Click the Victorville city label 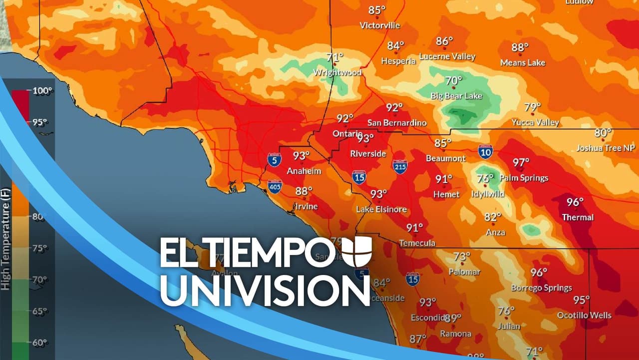[380, 25]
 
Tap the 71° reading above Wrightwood [335, 57]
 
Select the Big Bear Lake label [456, 95]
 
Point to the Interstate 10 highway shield [485, 151]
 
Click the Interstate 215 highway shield [400, 167]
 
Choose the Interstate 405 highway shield [274, 186]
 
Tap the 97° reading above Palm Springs [521, 162]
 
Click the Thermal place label [578, 217]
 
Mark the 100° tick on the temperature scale [43, 90]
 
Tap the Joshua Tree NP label [606, 148]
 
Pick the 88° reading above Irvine [304, 191]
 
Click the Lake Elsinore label [381, 209]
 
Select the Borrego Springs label [541, 288]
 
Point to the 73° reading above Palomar [462, 257]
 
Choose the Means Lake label [523, 62]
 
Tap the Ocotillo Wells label [584, 315]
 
